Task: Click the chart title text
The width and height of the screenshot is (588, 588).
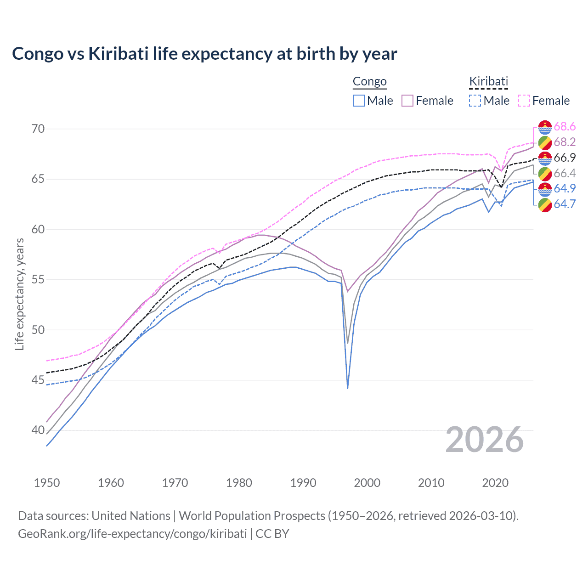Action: coord(204,54)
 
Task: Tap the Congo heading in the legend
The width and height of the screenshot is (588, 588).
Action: coord(369,81)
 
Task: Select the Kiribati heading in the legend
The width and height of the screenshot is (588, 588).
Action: coord(488,81)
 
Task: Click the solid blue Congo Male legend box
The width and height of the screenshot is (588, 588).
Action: coord(359,101)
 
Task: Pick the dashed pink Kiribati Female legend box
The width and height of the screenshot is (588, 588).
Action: coord(524,101)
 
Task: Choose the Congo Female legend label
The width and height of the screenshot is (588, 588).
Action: coord(434,101)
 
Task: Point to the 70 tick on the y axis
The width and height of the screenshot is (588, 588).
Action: coord(38,129)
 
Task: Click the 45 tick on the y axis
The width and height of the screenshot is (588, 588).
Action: coord(38,380)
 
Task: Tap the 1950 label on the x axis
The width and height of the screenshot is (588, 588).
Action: coord(47,483)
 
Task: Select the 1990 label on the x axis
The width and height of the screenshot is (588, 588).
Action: coord(303,483)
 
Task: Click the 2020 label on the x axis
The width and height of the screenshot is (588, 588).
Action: coord(495,483)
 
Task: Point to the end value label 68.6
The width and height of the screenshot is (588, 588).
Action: coord(565,127)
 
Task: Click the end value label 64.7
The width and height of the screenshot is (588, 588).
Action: coord(565,204)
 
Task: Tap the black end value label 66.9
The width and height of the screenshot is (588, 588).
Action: coord(565,158)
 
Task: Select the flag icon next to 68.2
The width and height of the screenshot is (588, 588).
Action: coord(545,142)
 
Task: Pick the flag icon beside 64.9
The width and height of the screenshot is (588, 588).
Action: coord(545,189)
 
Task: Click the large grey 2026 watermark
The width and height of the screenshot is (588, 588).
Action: coord(485,440)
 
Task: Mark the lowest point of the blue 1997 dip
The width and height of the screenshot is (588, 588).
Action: coord(348,388)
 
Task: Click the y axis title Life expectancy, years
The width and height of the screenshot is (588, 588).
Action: coord(19,294)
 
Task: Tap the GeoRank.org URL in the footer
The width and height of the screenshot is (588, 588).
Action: coord(132,533)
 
